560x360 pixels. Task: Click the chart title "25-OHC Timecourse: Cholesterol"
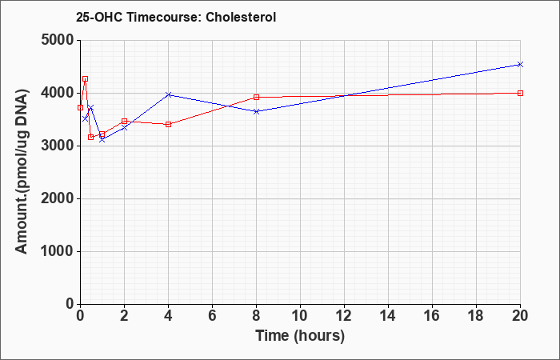[176, 17]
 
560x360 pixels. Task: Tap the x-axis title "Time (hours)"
[300, 336]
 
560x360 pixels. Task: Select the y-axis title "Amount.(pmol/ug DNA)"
[22, 172]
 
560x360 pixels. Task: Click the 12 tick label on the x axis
[344, 316]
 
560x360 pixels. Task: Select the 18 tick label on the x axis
[477, 316]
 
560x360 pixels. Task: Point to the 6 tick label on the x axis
[213, 316]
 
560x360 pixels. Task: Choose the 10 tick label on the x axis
[300, 316]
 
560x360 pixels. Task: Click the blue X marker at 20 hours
[520, 64]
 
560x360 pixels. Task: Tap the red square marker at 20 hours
[520, 94]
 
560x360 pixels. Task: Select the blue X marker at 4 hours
[169, 94]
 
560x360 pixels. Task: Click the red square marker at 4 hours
[169, 124]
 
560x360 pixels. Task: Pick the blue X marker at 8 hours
[257, 111]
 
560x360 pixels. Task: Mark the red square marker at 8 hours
[257, 97]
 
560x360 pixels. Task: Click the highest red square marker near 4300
[86, 79]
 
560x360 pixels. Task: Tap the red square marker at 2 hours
[124, 122]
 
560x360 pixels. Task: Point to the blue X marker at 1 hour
[102, 139]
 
